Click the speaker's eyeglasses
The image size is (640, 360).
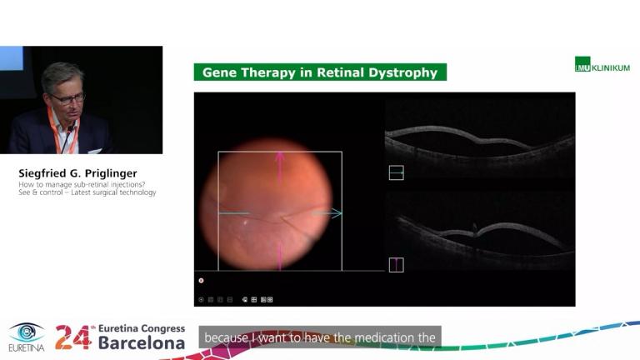pos(67,98)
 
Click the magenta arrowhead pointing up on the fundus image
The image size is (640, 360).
pos(280,156)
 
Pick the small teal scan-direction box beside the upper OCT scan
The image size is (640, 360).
pos(396,172)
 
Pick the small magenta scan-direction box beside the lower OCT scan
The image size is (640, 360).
pos(396,265)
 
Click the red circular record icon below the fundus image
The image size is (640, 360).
pos(201,281)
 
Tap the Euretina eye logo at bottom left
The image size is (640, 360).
pos(27,333)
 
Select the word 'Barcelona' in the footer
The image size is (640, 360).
pos(142,342)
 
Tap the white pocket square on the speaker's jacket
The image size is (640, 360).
pos(94,150)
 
